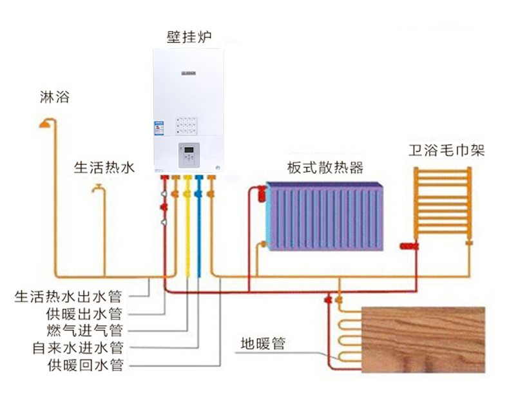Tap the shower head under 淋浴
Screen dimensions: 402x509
tap(46, 122)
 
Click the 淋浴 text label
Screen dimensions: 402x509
tap(53, 98)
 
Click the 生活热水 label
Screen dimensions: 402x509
tap(104, 168)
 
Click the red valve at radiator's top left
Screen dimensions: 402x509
tap(260, 191)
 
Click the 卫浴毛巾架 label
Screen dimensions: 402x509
tap(447, 151)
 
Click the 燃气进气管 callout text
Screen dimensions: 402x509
tap(84, 331)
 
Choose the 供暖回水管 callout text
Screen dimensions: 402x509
tap(84, 366)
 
